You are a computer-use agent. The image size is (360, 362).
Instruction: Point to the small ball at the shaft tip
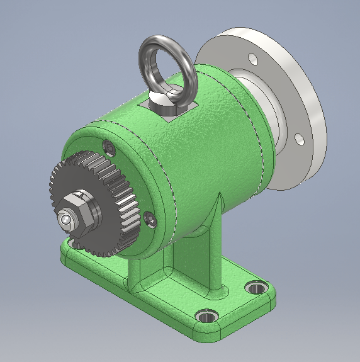[64, 220]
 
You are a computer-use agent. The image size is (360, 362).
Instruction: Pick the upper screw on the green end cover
[111, 148]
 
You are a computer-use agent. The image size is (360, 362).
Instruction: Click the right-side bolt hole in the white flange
[300, 139]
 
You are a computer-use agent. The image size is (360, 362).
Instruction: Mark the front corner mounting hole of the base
[205, 315]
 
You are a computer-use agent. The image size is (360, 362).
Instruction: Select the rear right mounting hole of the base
[256, 288]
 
